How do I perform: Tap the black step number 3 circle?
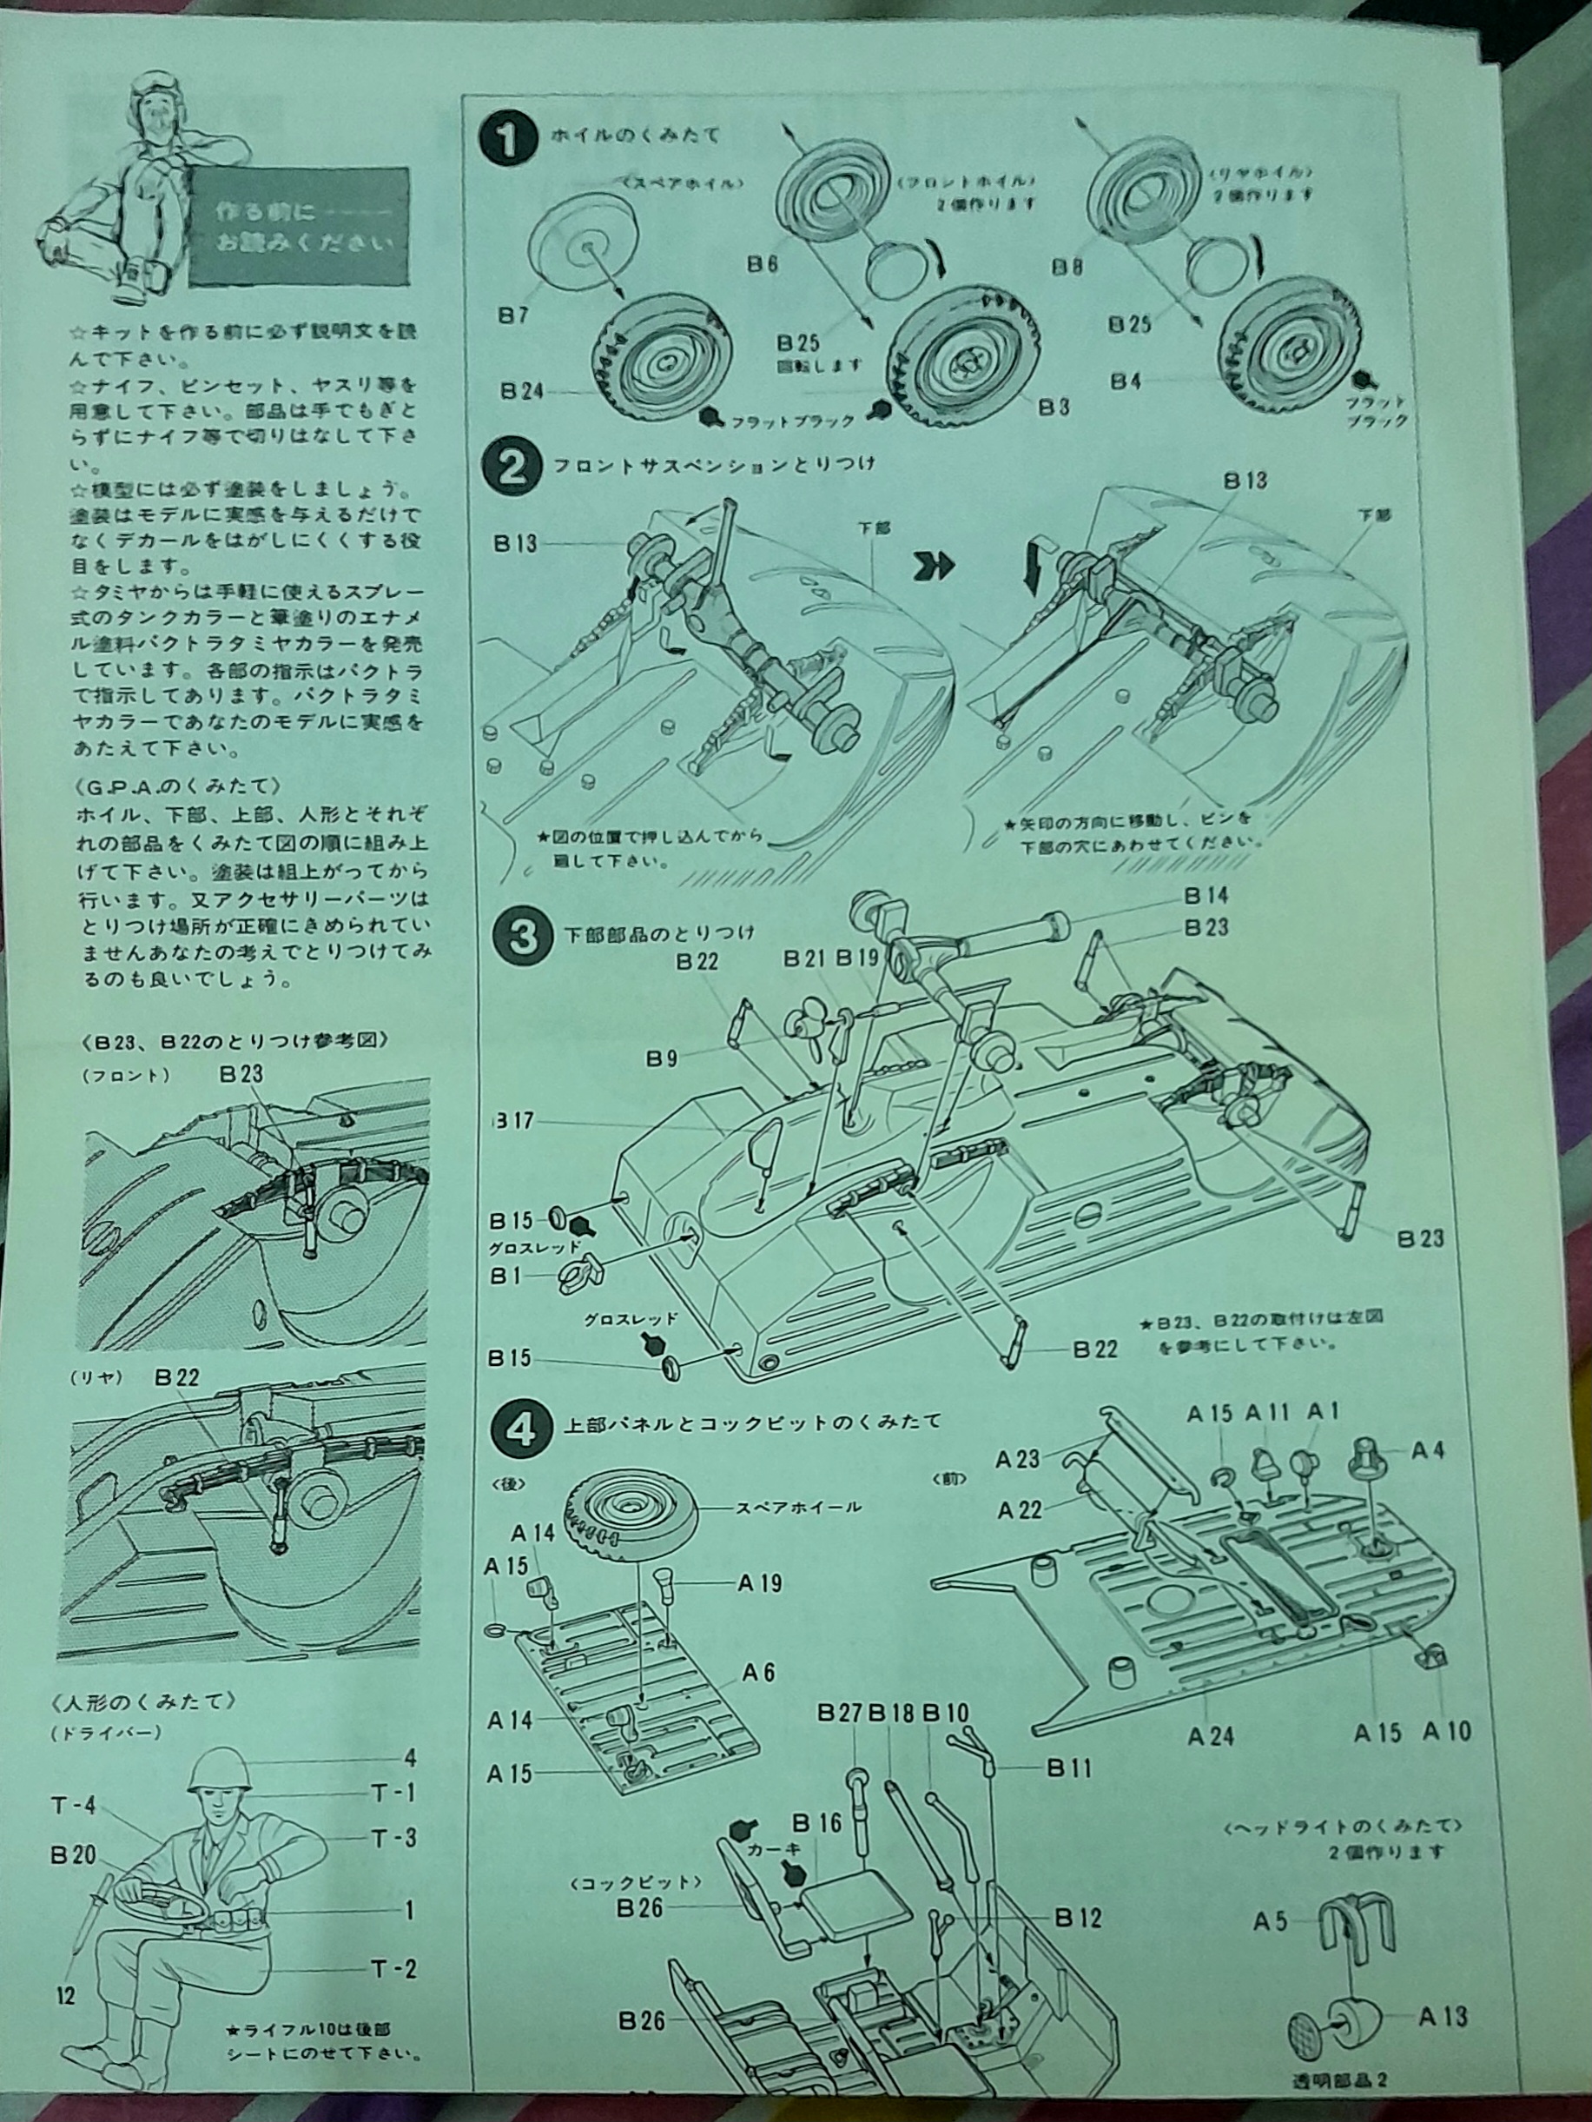point(523,935)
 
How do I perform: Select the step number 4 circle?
point(522,1429)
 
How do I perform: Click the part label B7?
point(513,315)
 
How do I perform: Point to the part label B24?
point(522,390)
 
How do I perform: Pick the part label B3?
point(1053,406)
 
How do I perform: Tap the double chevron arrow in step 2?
point(936,565)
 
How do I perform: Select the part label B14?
point(1206,896)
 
